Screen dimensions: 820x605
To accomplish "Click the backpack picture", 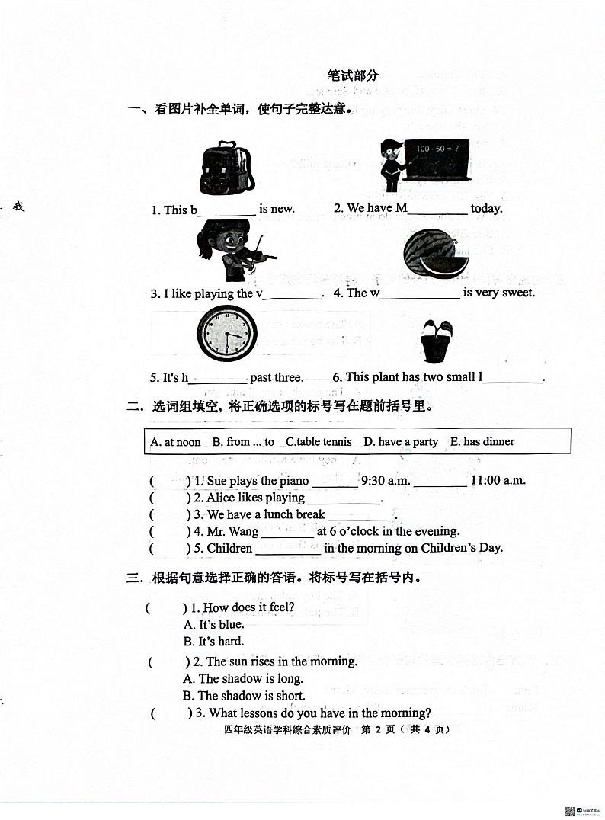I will [x=226, y=168].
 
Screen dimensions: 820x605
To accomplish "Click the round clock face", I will [x=227, y=335].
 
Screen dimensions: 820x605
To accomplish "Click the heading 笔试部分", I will [x=352, y=75].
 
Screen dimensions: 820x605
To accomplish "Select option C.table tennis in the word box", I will [x=319, y=442].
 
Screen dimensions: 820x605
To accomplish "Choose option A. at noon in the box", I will [x=175, y=442].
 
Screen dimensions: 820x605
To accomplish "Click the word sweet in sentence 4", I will [x=519, y=293].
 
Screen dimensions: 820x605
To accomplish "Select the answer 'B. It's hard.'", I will [x=213, y=642].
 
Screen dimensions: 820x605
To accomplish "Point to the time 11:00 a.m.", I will [x=498, y=481].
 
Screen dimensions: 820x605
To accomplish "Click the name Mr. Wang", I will [x=233, y=531].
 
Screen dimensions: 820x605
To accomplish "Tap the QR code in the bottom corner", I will [x=569, y=811].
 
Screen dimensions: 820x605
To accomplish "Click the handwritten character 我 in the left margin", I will [x=18, y=206].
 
